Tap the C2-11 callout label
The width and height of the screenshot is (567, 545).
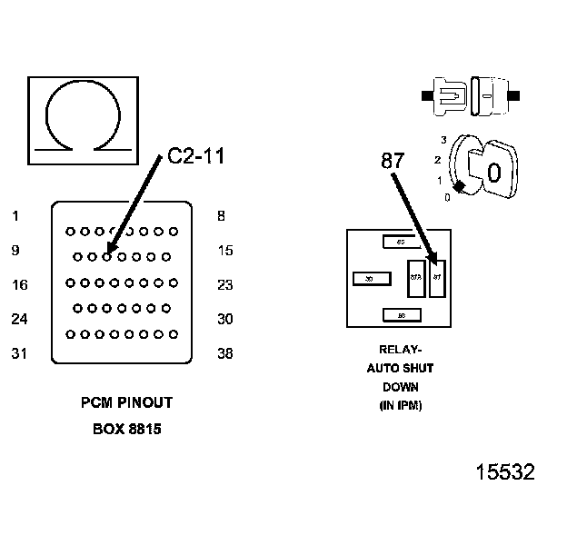[x=195, y=156]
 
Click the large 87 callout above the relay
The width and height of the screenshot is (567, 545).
[x=392, y=161]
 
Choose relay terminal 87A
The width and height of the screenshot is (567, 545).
[x=415, y=278]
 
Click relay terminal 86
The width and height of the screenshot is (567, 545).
[x=401, y=315]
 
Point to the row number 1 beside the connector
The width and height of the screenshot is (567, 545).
[x=15, y=216]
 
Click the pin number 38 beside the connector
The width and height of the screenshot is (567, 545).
[x=225, y=354]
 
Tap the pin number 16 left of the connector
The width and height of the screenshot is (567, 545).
[x=19, y=285]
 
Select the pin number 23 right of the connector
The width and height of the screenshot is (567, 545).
[x=225, y=285]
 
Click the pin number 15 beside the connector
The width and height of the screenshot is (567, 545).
[x=225, y=251]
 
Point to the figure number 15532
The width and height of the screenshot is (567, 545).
[x=505, y=472]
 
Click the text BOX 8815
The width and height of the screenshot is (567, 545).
[x=126, y=429]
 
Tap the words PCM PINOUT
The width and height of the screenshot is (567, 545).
[x=126, y=402]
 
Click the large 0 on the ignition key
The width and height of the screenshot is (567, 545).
[x=493, y=172]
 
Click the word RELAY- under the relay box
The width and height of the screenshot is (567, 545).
[x=400, y=349]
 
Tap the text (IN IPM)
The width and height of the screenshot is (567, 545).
[x=400, y=406]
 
